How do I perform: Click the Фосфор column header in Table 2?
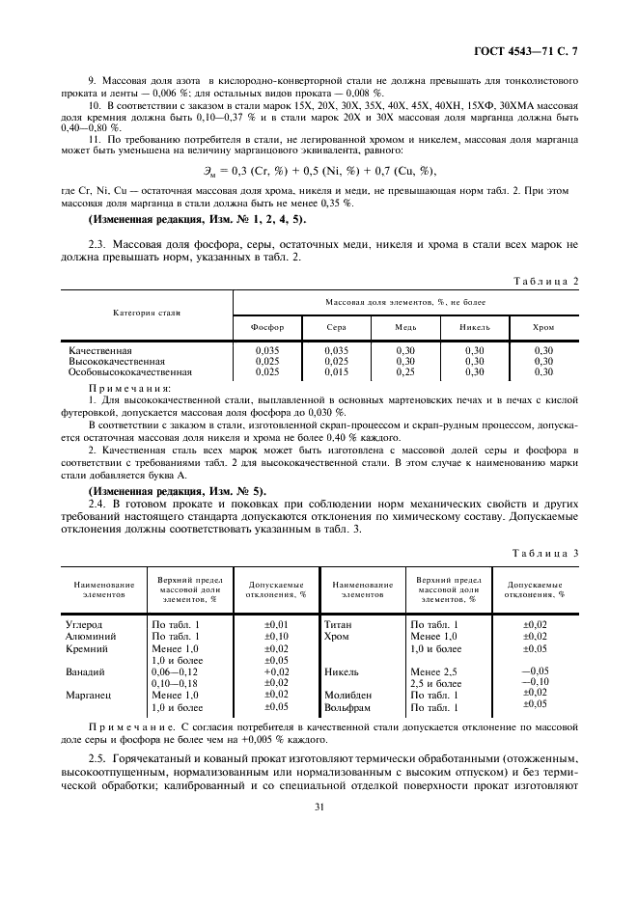267,327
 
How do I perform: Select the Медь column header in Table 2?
405,327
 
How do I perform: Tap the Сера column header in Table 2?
336,327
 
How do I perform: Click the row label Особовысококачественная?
129,371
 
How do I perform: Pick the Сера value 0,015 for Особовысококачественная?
336,371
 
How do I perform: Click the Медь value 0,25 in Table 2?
405,371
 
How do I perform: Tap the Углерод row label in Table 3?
85,624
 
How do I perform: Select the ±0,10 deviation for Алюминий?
276,636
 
